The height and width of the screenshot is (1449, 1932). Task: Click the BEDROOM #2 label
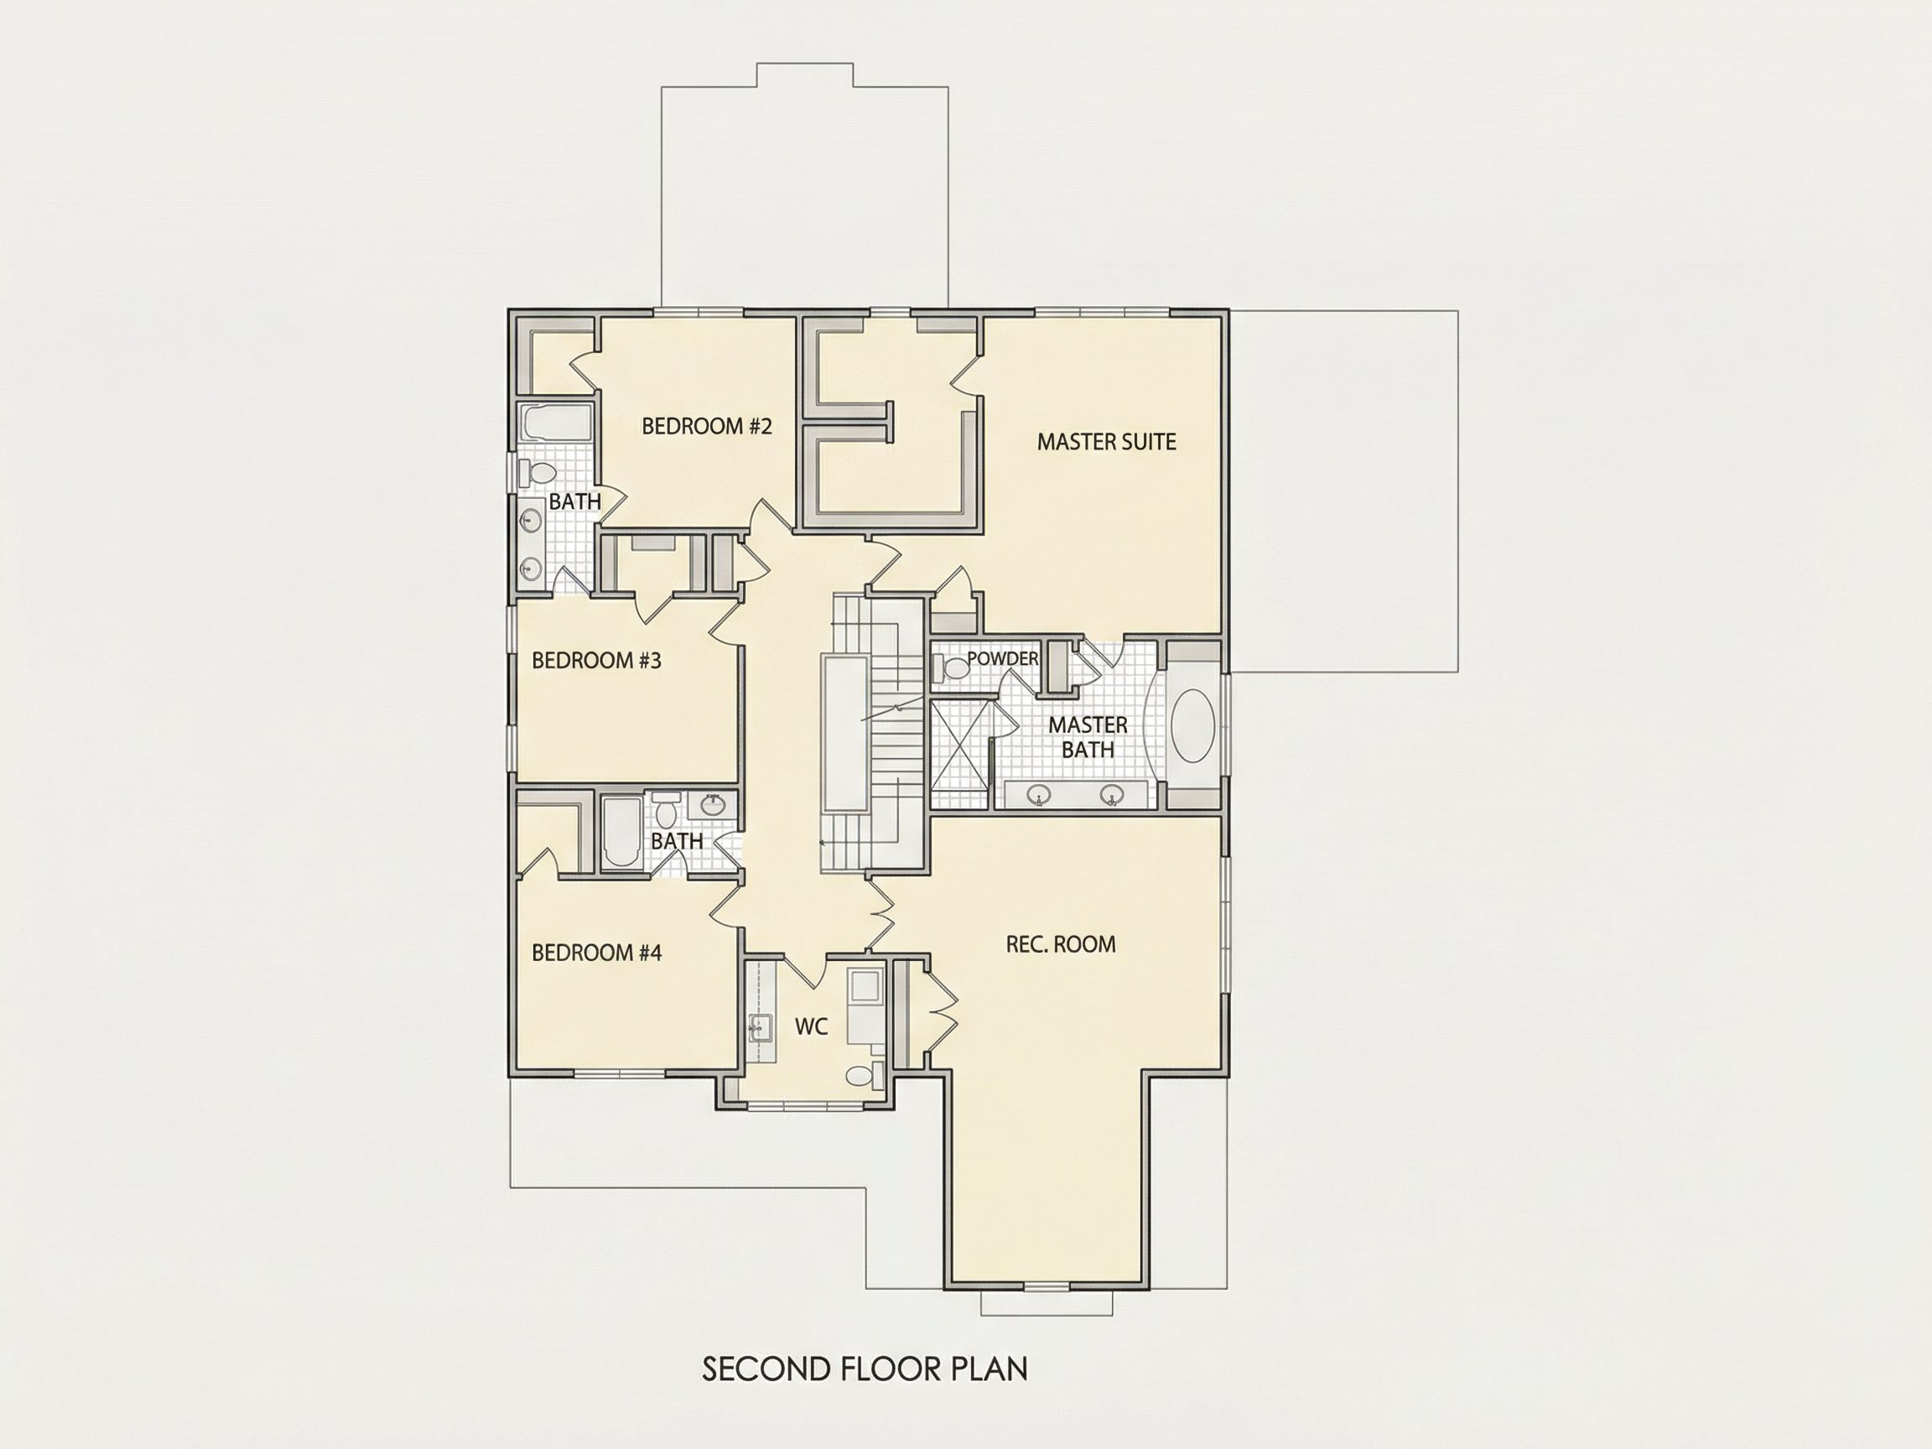pyautogui.click(x=707, y=426)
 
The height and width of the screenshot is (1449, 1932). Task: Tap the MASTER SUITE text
pyautogui.click(x=1106, y=442)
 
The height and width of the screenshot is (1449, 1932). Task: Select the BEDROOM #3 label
pyautogui.click(x=596, y=660)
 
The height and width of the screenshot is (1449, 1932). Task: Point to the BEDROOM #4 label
pyautogui.click(x=596, y=952)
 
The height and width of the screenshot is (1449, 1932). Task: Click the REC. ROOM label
pyautogui.click(x=1060, y=944)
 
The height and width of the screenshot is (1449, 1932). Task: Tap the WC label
pyautogui.click(x=811, y=1027)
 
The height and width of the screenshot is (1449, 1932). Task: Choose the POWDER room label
pyautogui.click(x=1002, y=658)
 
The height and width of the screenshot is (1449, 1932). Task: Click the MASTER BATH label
pyautogui.click(x=1088, y=737)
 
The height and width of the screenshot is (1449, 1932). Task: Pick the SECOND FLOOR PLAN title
pyautogui.click(x=865, y=1368)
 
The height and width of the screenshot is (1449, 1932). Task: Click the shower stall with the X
pyautogui.click(x=959, y=752)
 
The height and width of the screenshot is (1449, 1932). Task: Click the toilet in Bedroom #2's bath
pyautogui.click(x=538, y=474)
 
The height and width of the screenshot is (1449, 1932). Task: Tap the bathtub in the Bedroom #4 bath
pyautogui.click(x=621, y=832)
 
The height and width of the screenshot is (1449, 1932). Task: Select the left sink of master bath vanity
pyautogui.click(x=1038, y=795)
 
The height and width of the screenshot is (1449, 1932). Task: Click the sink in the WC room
pyautogui.click(x=757, y=1028)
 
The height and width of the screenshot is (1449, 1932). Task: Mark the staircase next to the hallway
pyautogui.click(x=875, y=734)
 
